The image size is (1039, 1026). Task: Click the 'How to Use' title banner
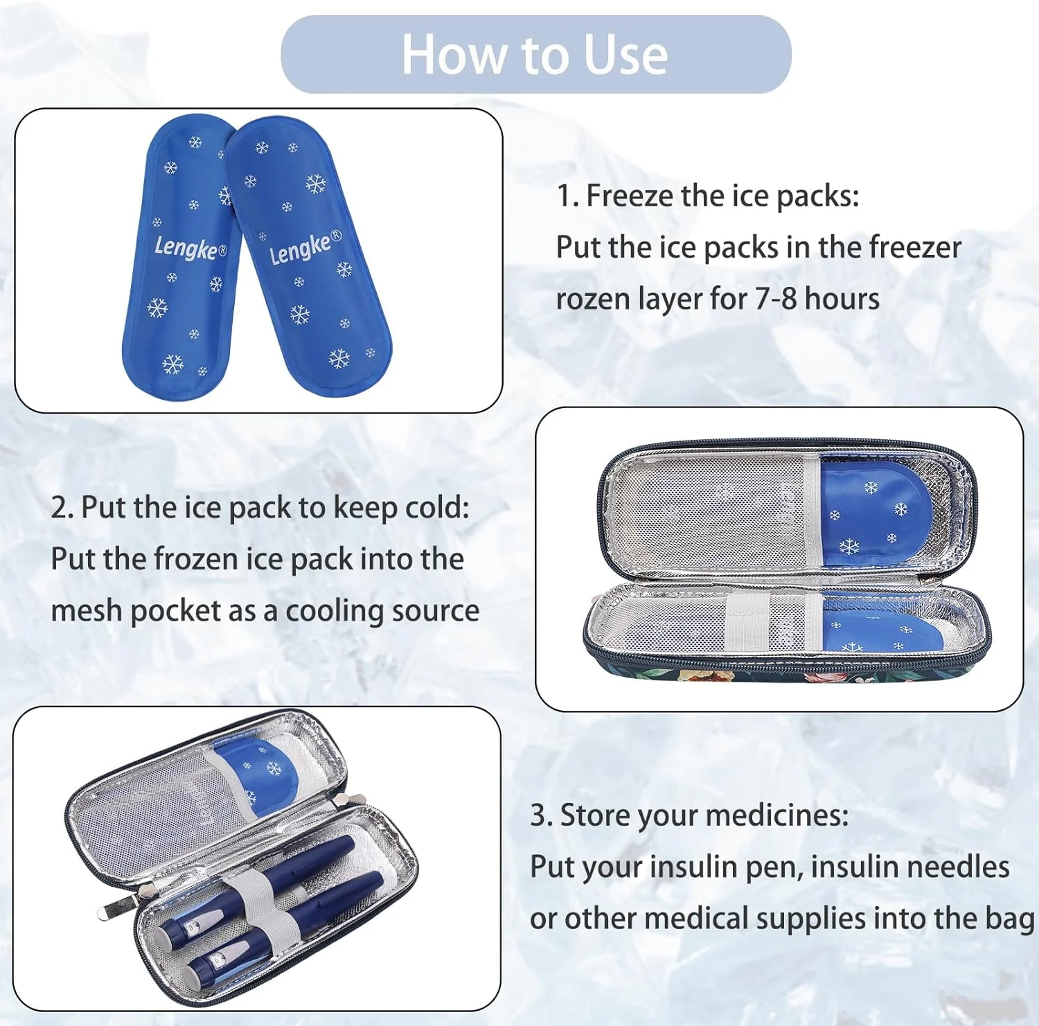(x=535, y=54)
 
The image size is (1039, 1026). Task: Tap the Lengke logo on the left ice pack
(x=190, y=247)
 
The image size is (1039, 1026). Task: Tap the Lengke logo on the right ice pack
(x=305, y=247)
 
